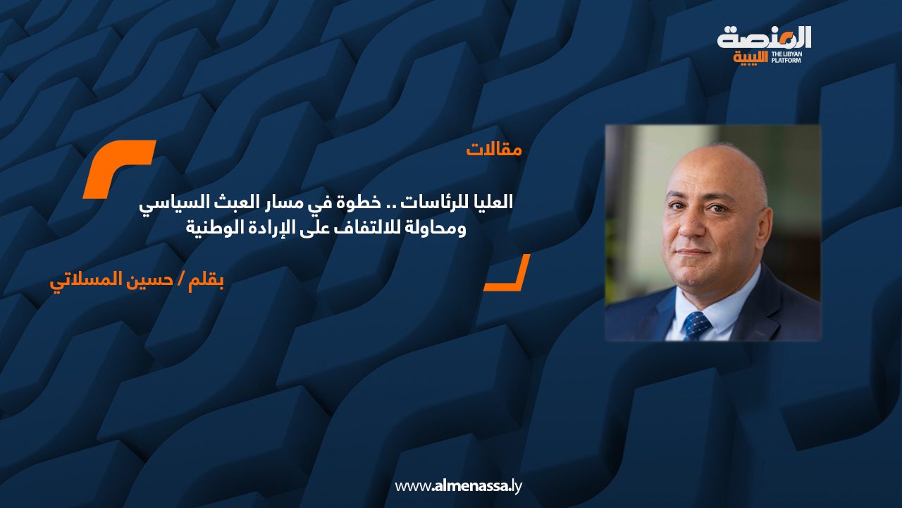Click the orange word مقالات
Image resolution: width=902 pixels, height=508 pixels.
(x=494, y=150)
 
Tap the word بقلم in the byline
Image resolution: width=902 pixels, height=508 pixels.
(x=207, y=280)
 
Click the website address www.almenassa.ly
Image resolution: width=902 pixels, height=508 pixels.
(x=458, y=486)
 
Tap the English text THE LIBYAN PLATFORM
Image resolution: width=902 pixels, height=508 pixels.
(x=786, y=57)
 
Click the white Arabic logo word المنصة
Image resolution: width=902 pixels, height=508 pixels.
(x=763, y=38)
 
